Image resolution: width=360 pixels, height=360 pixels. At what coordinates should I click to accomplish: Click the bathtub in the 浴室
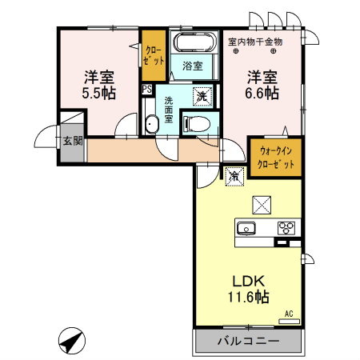194,42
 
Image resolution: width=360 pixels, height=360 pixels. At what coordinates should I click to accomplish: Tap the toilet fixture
197,124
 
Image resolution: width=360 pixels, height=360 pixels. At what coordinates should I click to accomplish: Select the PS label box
146,89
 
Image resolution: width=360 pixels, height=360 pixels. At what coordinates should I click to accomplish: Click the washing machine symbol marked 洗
202,97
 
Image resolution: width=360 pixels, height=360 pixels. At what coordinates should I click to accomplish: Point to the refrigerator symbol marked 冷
234,176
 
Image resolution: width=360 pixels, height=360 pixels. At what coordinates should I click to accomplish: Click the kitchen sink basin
246,229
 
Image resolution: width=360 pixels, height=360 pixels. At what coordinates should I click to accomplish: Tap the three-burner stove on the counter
286,228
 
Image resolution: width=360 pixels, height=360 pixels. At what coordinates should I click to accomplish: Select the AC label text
289,314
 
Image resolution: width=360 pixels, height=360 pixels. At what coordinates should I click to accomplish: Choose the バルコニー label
249,341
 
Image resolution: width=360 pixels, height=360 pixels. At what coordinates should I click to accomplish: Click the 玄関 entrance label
73,141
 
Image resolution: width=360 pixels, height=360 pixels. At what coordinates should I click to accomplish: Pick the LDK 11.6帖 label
248,289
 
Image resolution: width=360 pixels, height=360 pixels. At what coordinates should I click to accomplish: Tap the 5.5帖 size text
99,94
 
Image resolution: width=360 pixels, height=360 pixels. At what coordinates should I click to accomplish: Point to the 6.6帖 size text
262,94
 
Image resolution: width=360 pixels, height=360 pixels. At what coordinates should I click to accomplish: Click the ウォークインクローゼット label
276,158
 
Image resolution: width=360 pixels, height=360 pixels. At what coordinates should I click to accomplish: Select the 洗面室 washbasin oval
152,124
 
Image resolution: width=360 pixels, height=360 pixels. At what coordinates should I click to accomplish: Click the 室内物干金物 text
255,42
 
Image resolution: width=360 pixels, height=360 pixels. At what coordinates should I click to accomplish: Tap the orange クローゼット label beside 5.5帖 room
154,55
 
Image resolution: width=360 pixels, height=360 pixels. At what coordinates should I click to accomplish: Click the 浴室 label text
193,66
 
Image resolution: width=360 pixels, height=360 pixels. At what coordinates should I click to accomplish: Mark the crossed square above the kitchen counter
262,205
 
